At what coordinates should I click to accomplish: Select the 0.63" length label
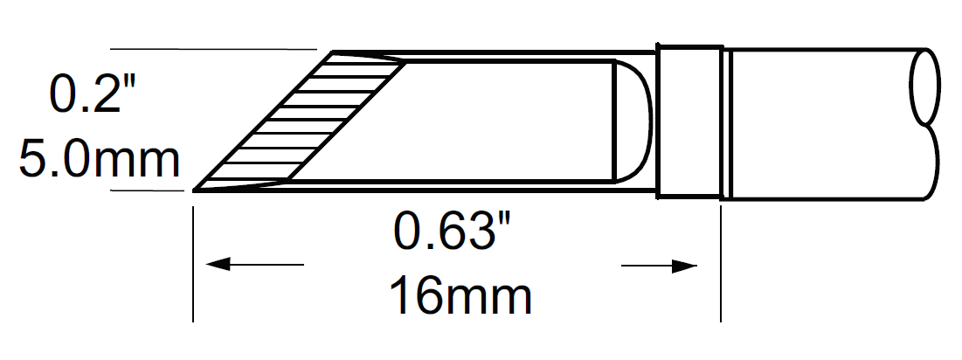coord(451,232)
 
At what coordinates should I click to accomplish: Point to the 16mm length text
coord(460,296)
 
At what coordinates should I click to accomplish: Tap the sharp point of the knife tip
coord(195,188)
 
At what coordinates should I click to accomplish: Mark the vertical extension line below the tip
coord(192,262)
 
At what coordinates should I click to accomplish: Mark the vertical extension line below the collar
coord(721,262)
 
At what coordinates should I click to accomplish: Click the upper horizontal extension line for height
coord(210,50)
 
